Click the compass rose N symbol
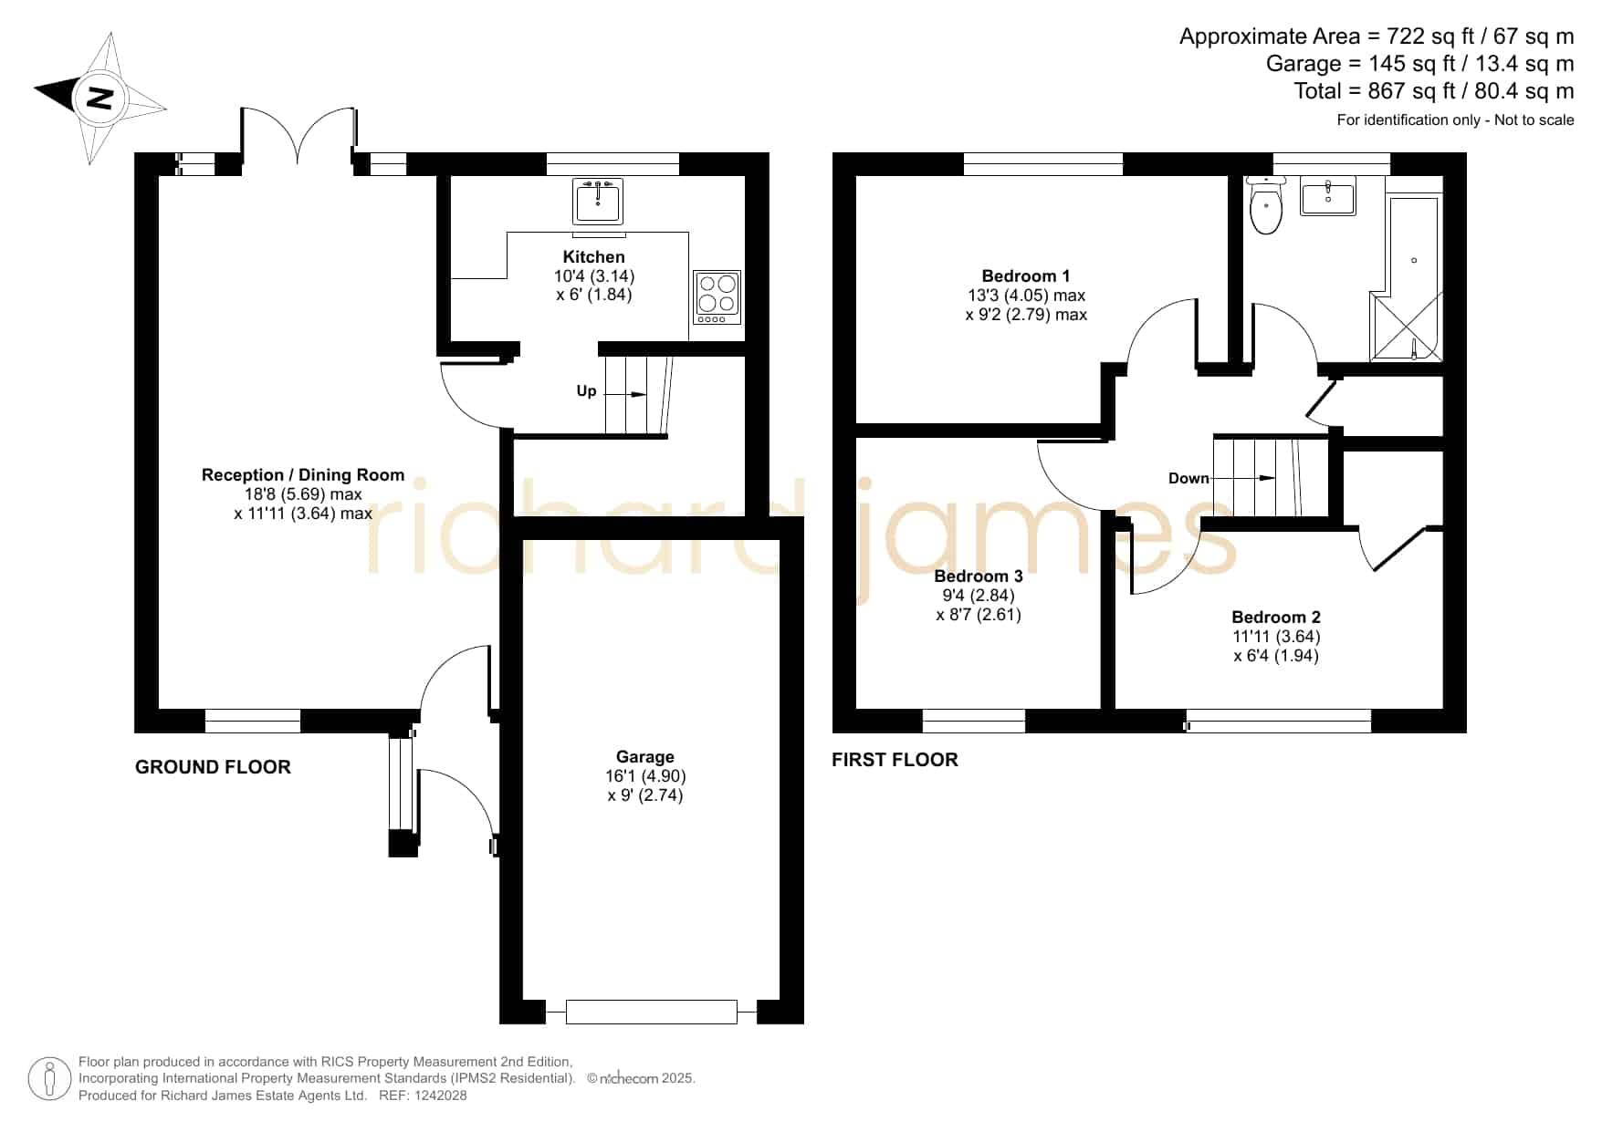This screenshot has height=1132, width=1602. (99, 97)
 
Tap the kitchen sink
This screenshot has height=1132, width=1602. (598, 201)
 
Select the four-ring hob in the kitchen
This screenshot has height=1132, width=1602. (717, 296)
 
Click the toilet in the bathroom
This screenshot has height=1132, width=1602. (1266, 206)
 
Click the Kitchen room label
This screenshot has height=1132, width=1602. (594, 257)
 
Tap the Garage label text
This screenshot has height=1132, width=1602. (645, 756)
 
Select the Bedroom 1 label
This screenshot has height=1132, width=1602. (1026, 275)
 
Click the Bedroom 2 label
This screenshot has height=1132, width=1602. (1276, 617)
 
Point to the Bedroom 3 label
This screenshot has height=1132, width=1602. (979, 576)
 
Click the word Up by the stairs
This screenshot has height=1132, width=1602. (586, 391)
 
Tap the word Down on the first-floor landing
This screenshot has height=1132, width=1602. (1188, 478)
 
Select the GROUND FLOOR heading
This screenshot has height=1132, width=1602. (213, 767)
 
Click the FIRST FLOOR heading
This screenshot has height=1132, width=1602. (895, 760)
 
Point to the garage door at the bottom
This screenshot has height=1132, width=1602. (652, 1012)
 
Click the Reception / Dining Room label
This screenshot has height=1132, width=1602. (303, 474)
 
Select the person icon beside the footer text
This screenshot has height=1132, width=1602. (50, 1079)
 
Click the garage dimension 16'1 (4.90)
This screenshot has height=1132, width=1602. (639, 775)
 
